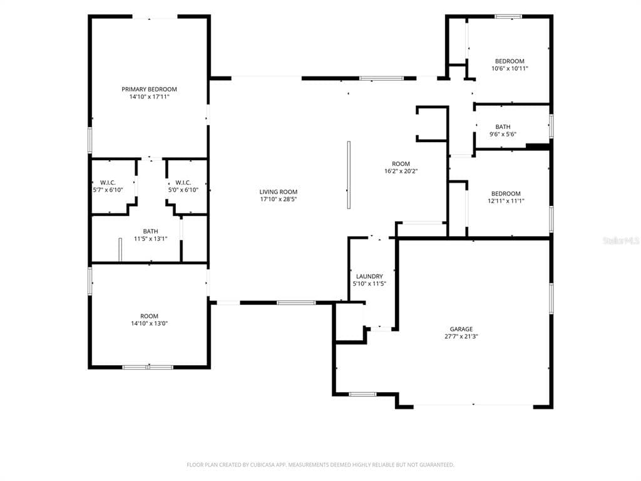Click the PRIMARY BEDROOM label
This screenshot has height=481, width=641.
pos(149,89)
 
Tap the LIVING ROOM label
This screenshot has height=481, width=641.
pos(279,192)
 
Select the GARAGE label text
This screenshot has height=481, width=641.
pos(461,329)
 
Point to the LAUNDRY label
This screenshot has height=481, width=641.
pos(369,276)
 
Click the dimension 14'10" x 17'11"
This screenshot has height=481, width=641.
pos(149,97)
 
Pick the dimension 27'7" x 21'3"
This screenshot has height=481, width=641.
pos(461,336)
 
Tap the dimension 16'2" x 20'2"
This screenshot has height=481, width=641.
pos(401,172)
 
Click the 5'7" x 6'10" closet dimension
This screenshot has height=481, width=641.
pos(108,190)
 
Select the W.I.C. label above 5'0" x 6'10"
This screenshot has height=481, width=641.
pos(183,182)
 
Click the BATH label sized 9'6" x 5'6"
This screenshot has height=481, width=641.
pos(503,127)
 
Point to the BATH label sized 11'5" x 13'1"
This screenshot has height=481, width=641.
pos(150,232)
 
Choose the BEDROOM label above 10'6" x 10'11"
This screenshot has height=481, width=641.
pos(510,61)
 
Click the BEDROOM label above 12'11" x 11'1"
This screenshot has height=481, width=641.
pos(506,194)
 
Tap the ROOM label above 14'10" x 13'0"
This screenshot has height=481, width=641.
pos(149,316)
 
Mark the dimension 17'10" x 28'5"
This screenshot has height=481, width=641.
pos(279,200)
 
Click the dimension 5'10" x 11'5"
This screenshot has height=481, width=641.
pos(369,284)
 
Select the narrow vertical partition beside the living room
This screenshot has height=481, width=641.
pos(349,175)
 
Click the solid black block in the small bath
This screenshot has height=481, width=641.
pos(538,147)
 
